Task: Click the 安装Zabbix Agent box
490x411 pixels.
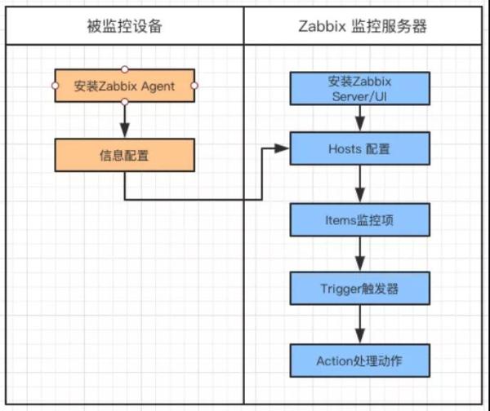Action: click(x=125, y=86)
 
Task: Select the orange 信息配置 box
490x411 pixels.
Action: click(x=125, y=153)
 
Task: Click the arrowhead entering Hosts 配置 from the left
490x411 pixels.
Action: click(x=283, y=148)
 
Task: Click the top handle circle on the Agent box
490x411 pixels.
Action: click(x=125, y=68)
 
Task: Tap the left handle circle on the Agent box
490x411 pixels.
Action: click(x=56, y=85)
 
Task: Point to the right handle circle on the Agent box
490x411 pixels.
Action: click(x=195, y=85)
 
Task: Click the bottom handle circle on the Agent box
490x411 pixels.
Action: click(x=125, y=102)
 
